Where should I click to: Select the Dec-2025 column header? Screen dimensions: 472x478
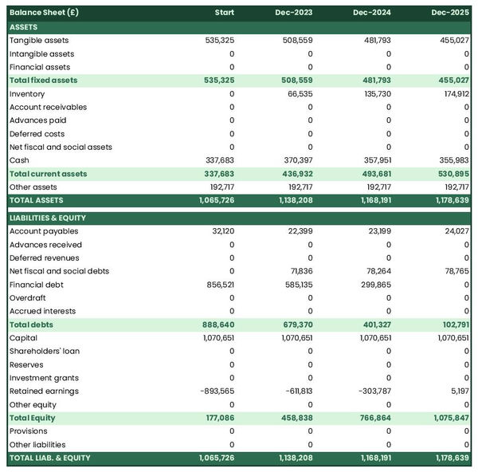(450, 13)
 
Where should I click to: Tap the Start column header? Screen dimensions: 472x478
(225, 13)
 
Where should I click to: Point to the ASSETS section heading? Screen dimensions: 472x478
(23, 27)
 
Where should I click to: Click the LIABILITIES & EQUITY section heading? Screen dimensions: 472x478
(47, 218)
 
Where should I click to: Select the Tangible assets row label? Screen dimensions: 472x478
(39, 41)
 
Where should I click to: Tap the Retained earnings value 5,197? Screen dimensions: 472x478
(457, 391)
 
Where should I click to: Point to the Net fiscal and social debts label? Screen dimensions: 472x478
(60, 271)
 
